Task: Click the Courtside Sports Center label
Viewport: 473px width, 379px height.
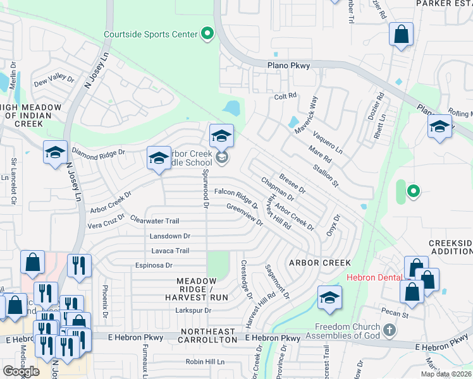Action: click(x=150, y=34)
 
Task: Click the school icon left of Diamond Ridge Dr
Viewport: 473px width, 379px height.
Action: click(x=55, y=153)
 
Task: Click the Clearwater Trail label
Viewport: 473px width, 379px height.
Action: click(x=155, y=221)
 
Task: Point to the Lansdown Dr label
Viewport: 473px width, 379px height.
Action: click(x=170, y=236)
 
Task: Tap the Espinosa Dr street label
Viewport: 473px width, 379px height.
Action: click(x=153, y=265)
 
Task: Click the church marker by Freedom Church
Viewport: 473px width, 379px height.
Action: click(x=390, y=330)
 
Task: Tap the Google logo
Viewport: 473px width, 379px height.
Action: click(x=21, y=371)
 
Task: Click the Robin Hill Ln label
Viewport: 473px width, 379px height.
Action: click(x=205, y=362)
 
